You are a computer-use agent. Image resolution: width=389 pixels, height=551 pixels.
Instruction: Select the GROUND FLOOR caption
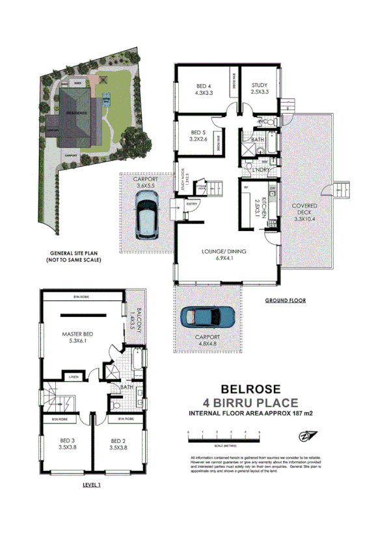coord(286,301)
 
